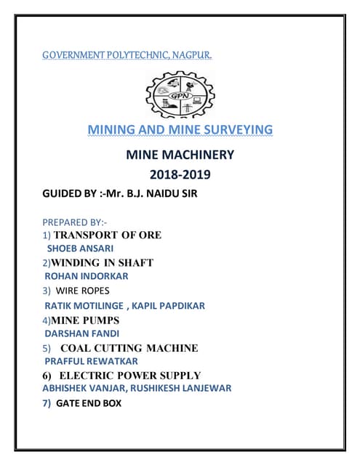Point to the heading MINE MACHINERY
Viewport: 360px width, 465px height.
click(180, 154)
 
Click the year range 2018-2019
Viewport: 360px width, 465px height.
click(180, 175)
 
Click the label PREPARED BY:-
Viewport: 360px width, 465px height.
click(75, 222)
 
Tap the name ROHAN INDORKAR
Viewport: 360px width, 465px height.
click(87, 276)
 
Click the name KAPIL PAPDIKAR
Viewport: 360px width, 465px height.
click(168, 305)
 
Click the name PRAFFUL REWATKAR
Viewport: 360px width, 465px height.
click(91, 361)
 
